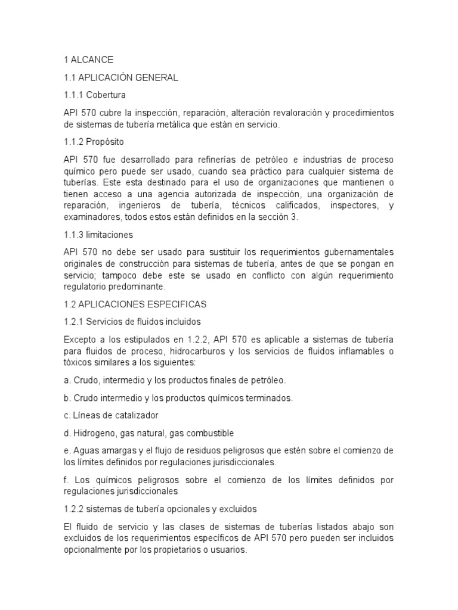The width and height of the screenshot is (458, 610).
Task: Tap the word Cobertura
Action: tap(106, 95)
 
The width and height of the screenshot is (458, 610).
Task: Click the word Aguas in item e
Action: tap(85, 450)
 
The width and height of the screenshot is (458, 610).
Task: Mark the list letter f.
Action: tap(65, 480)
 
